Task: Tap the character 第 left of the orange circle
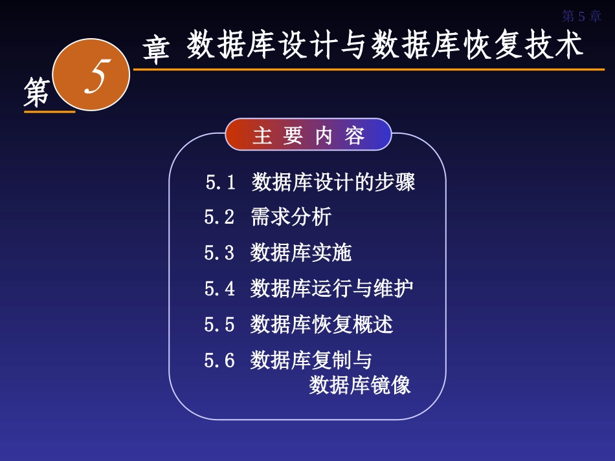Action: pos(37,91)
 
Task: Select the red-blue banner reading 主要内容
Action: pos(309,135)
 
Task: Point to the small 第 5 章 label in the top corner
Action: pos(581,16)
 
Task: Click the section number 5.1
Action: pos(221,183)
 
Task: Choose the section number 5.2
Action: pos(219,217)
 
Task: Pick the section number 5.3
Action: pos(219,253)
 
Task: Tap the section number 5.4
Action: pos(219,288)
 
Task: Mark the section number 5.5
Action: pos(219,324)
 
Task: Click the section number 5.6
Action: pos(219,360)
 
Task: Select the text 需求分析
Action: pos(291,217)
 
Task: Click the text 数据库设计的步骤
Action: pos(333,182)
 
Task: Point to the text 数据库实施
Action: pos(301,253)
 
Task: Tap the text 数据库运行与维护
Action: pos(331,288)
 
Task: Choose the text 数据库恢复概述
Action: pos(322,324)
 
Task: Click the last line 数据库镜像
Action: pos(360,385)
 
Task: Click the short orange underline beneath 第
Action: pos(49,112)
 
